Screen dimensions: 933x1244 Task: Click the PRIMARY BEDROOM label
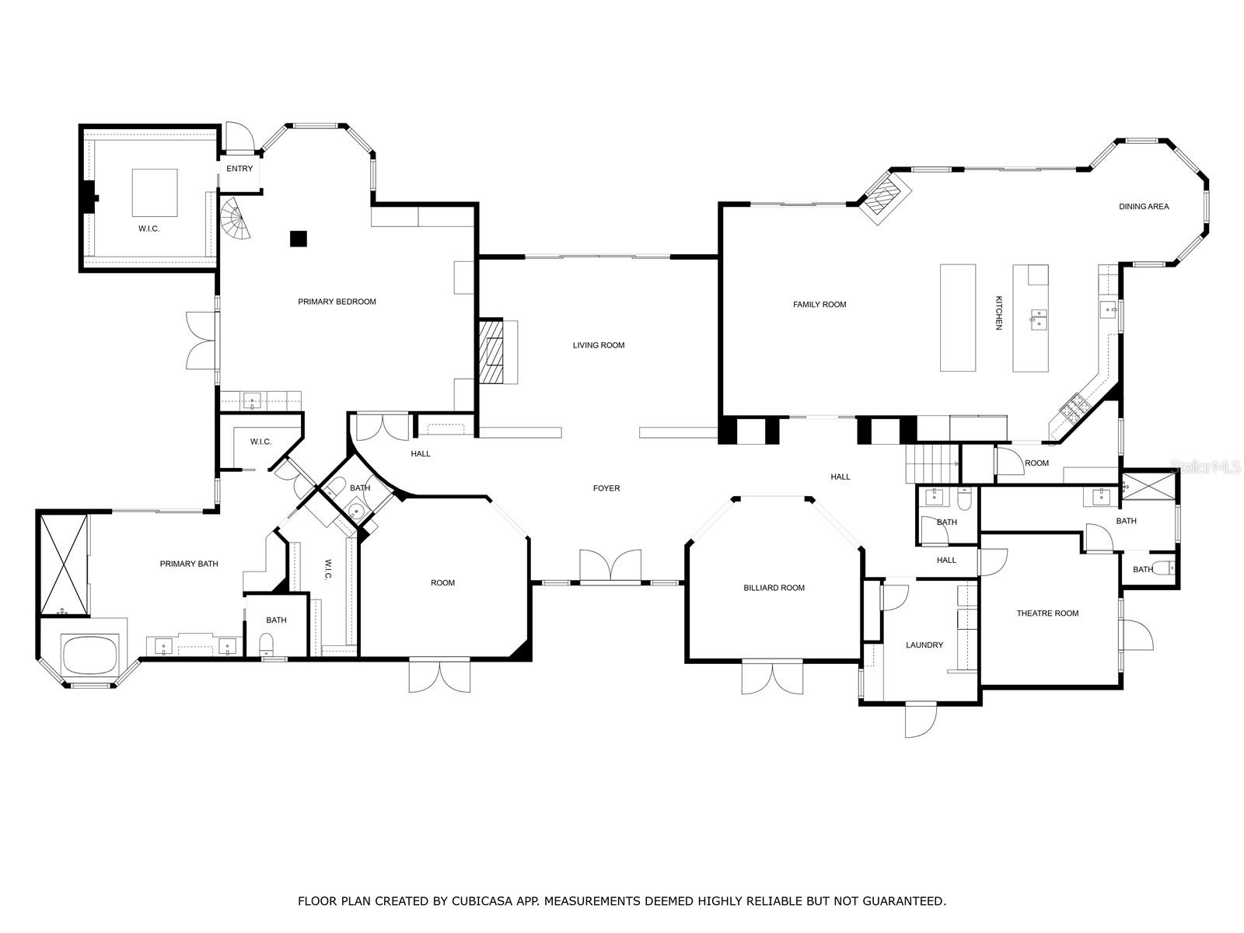tap(337, 302)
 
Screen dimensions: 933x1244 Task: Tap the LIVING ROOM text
tap(599, 345)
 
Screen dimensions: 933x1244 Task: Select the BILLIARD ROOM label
tap(774, 588)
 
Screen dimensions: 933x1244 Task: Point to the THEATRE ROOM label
tap(1047, 613)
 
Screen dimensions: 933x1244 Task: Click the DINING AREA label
tap(1144, 207)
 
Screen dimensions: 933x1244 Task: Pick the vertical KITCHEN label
tap(999, 313)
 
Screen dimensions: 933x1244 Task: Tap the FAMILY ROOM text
tap(819, 305)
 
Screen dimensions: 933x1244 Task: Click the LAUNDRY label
tap(924, 645)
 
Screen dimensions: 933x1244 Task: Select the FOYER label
tap(606, 488)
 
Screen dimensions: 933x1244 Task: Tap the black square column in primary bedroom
tap(299, 239)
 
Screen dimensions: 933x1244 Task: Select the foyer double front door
tap(610, 566)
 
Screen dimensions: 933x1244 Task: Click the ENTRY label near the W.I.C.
tap(239, 169)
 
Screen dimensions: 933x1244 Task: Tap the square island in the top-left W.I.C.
tap(154, 193)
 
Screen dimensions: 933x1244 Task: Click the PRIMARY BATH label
tap(189, 564)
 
